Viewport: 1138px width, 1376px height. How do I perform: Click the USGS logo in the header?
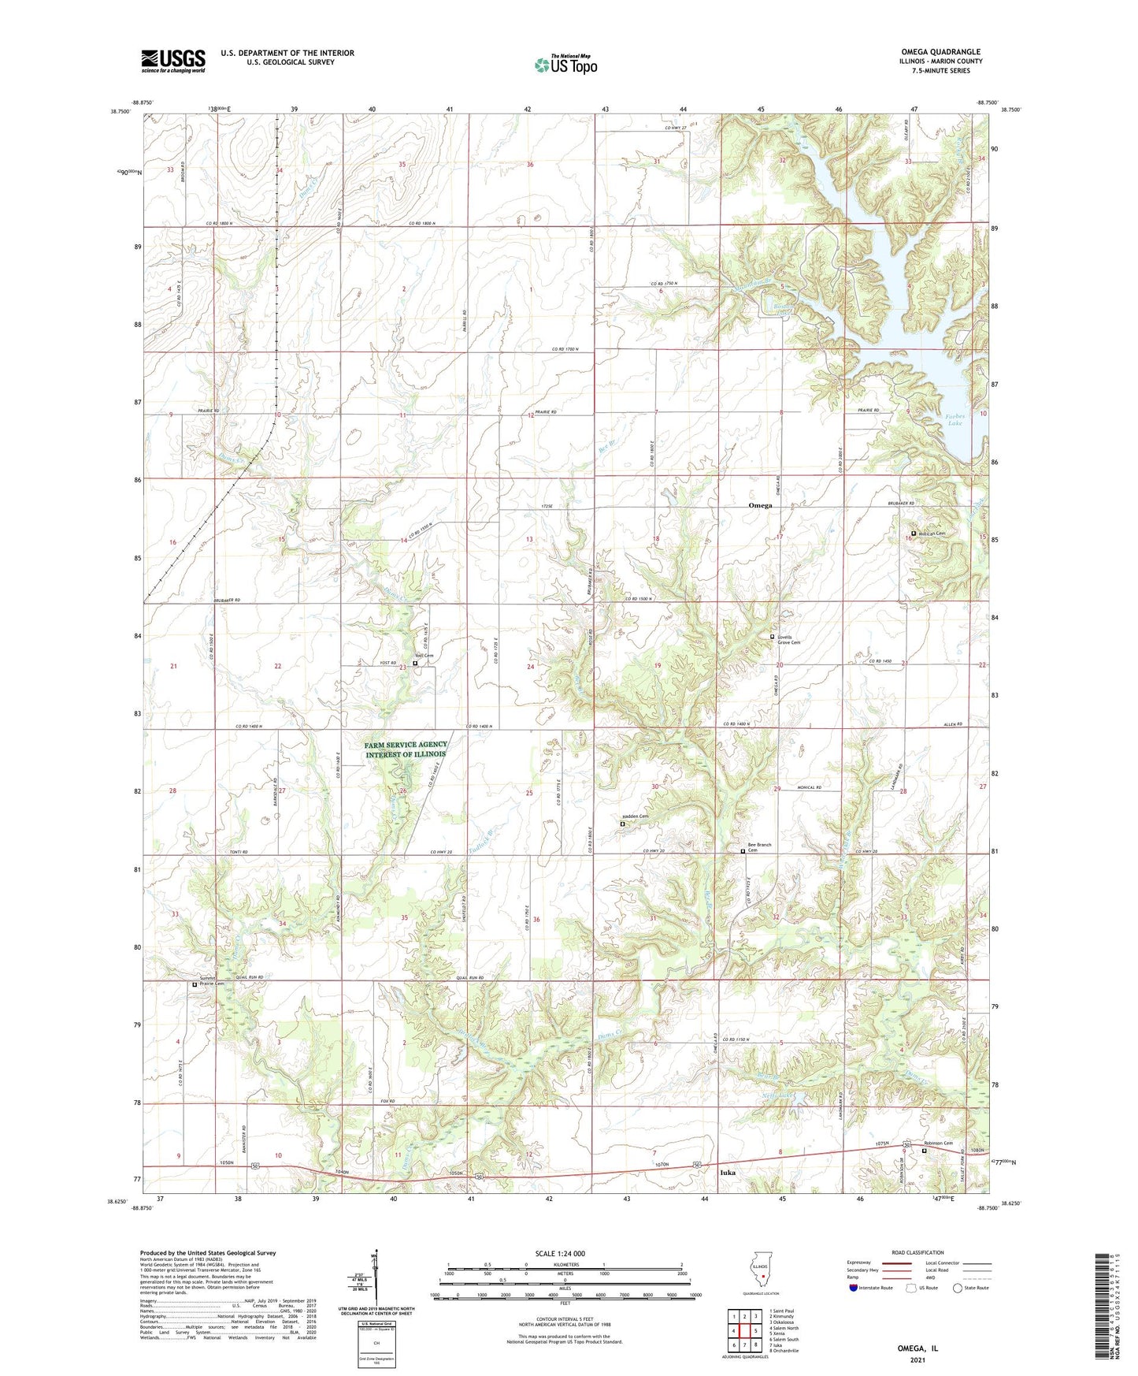coord(173,61)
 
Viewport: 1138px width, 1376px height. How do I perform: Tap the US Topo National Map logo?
coord(565,64)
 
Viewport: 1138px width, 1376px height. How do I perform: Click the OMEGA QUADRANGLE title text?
coord(940,52)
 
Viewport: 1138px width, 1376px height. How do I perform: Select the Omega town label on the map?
coord(760,505)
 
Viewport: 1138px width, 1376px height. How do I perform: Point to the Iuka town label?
coord(727,1173)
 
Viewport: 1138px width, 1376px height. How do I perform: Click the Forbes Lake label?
coord(955,419)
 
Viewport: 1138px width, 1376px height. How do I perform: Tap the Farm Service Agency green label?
coord(406,749)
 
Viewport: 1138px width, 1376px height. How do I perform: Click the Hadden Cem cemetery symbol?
coord(622,824)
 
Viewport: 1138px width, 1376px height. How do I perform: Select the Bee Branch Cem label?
coord(759,848)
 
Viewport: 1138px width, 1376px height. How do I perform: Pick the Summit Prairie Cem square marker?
coord(195,984)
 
